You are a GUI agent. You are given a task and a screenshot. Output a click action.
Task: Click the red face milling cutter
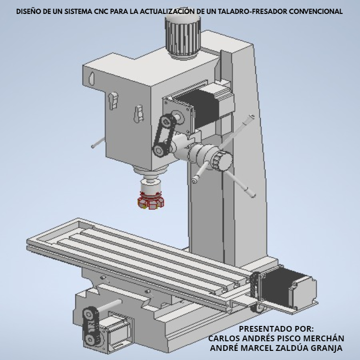[x=151, y=201]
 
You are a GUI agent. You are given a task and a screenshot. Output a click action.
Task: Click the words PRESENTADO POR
[x=276, y=329]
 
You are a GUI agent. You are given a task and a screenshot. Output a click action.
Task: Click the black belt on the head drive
[x=164, y=135]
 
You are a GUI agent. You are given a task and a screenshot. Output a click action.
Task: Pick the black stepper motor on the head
[x=202, y=108]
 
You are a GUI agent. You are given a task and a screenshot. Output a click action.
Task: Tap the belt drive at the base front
[x=92, y=326]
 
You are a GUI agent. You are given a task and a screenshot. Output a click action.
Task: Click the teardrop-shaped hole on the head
[x=92, y=79]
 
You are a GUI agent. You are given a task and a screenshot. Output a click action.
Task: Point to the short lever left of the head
[x=98, y=143]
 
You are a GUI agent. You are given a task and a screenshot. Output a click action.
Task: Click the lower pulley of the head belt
[x=159, y=151]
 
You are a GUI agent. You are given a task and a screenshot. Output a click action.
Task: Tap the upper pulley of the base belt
[x=89, y=313]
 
